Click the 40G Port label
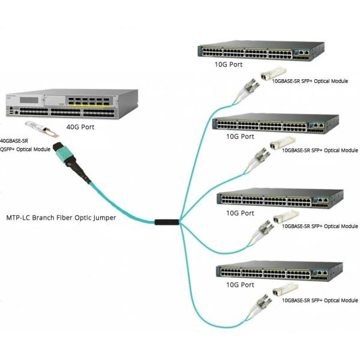tap(80, 127)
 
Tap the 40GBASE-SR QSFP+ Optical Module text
tap(25, 145)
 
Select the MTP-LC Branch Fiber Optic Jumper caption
tap(61, 218)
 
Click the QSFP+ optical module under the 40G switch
tap(42, 129)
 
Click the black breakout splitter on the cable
tap(167, 222)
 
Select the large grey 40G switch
tap(72, 104)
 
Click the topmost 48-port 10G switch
tap(261, 50)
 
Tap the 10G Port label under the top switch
tap(229, 65)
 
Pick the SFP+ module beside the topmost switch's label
tap(274, 73)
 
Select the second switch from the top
tap(275, 124)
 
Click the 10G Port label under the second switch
tap(240, 137)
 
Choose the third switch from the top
tap(280, 199)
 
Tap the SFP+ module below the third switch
tap(286, 217)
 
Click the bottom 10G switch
tap(280, 271)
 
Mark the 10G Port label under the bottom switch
tap(240, 285)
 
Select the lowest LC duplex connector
tap(260, 305)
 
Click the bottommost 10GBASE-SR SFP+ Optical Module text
tap(320, 301)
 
